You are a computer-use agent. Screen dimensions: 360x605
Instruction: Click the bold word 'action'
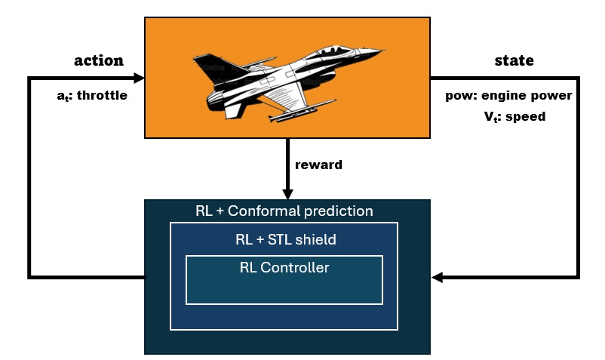98,61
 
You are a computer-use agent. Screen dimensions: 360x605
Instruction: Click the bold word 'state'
514,61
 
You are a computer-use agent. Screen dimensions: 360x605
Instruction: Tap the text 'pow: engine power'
509,96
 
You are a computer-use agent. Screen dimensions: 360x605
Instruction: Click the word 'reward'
319,165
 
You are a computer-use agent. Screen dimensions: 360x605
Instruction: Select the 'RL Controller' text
284,267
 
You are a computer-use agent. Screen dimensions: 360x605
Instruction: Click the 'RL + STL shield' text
286,240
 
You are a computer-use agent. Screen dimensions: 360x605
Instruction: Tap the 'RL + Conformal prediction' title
284,211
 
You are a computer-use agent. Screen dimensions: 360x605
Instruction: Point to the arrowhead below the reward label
287,194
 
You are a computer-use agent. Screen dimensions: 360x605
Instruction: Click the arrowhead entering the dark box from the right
438,278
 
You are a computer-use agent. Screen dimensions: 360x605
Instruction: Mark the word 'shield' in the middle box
316,240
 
